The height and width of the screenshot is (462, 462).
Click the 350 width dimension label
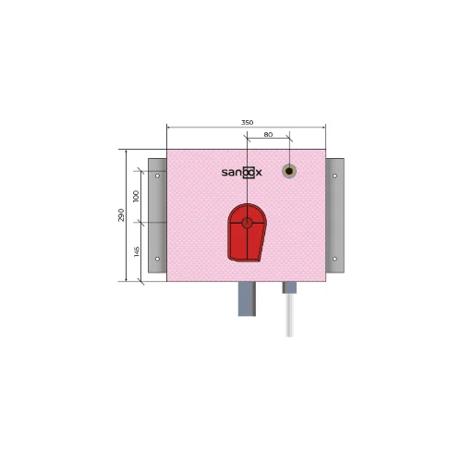point(247,123)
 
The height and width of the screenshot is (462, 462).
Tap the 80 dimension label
point(268,135)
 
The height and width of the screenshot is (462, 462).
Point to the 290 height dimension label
point(121,215)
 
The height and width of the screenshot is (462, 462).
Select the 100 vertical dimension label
point(136,196)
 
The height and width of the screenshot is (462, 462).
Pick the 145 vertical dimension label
point(137,251)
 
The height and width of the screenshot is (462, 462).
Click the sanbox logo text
point(242,173)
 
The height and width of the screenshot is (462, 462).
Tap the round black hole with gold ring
point(289,171)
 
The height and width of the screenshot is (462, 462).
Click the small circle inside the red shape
point(247,223)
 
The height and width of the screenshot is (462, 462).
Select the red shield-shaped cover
point(247,233)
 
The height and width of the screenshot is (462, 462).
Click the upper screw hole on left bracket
point(157,176)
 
